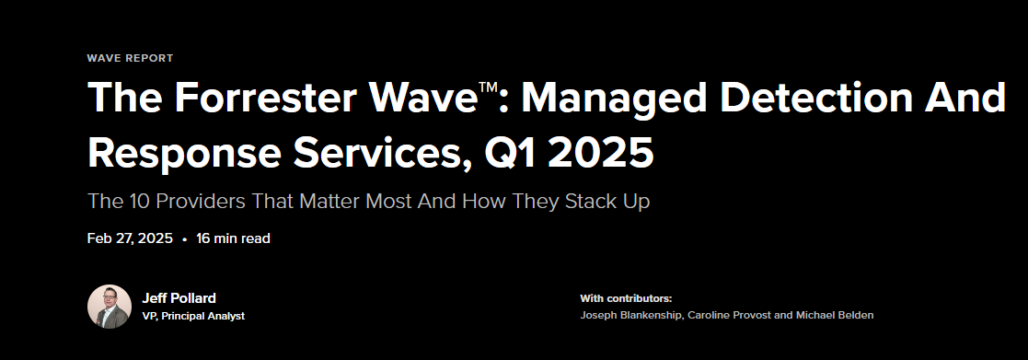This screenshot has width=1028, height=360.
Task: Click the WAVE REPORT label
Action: pos(130,58)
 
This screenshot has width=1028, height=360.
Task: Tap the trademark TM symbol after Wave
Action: pos(488,86)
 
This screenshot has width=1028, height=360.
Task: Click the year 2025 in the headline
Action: pos(602,152)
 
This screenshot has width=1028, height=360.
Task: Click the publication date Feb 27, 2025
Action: pos(130,238)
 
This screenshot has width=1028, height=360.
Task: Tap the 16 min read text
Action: pos(233,238)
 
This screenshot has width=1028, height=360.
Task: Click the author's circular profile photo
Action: pos(110,307)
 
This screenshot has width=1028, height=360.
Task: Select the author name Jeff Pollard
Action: pos(179,297)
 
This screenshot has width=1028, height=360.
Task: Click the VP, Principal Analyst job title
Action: pos(193,316)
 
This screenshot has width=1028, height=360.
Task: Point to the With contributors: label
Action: pos(626,298)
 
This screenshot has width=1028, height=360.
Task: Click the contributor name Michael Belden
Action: pos(835,316)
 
